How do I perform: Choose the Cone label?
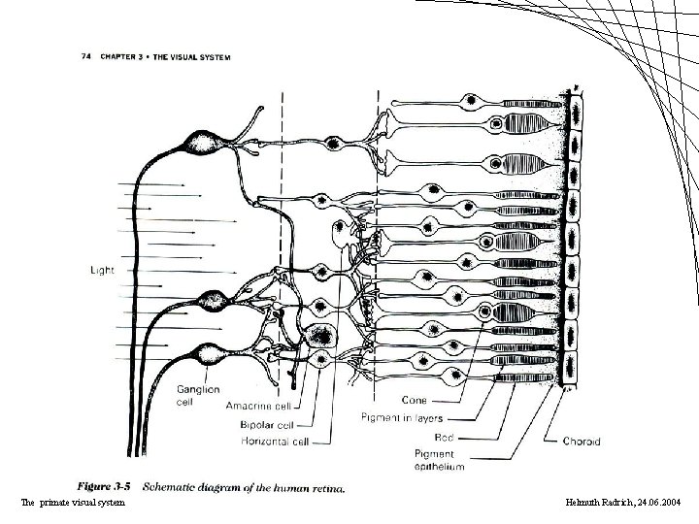[415, 400]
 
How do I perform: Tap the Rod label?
[444, 439]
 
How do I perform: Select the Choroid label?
[582, 440]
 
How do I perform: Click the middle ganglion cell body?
[212, 301]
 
